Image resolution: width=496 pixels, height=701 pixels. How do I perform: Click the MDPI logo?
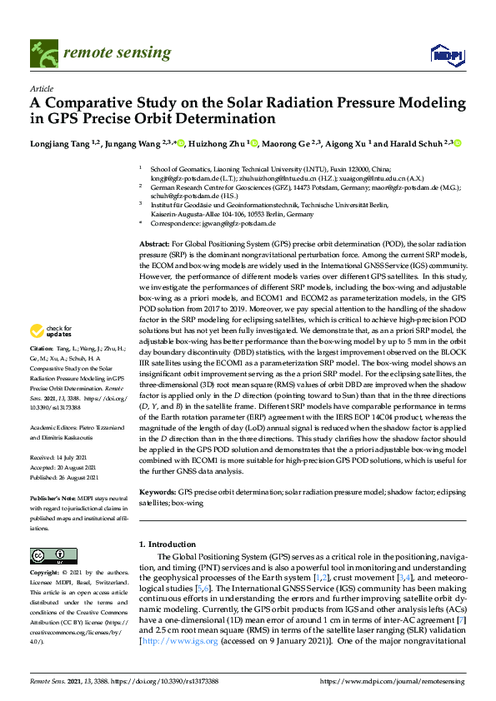coord(445,55)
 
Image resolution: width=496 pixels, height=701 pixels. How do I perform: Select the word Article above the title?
coord(41,88)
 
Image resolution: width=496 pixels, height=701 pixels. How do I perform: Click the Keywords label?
coord(158,492)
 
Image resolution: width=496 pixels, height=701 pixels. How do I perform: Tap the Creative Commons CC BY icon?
coord(48,555)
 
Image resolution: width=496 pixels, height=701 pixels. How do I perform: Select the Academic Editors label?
coord(54,428)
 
